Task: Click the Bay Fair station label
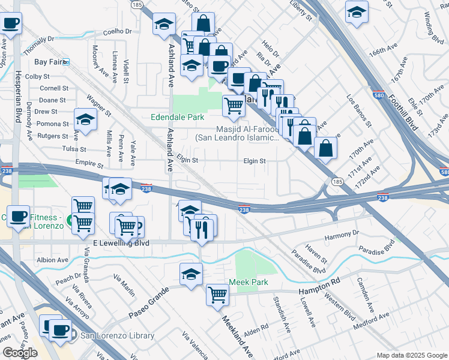(x=48, y=62)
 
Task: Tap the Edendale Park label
(x=178, y=118)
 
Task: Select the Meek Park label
(x=248, y=282)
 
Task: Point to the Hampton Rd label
(x=319, y=286)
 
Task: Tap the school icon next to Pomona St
(x=85, y=118)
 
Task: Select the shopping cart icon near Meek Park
(x=217, y=295)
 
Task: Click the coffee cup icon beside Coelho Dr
(x=11, y=23)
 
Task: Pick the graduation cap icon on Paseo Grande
(x=191, y=274)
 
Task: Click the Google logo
(x=20, y=353)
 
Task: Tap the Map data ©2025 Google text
(x=411, y=355)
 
